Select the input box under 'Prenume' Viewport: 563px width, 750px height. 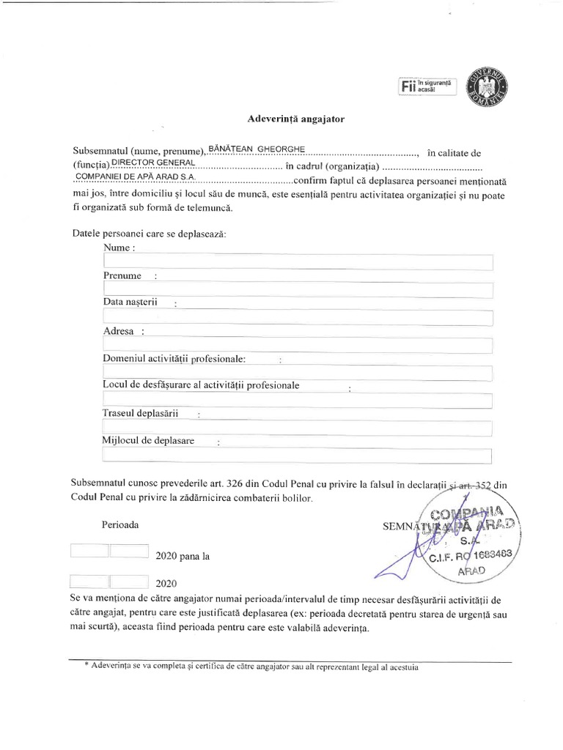pos(298,290)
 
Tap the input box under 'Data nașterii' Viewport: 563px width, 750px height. pos(298,317)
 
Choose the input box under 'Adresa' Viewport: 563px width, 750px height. pos(298,345)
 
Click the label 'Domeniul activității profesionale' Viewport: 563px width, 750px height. pos(174,358)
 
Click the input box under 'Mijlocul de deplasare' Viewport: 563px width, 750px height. pos(298,456)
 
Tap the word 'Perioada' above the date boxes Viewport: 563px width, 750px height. pos(120,525)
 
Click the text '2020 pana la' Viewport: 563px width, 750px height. pos(183,556)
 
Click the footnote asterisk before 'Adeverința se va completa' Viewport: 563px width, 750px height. pos(87,665)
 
